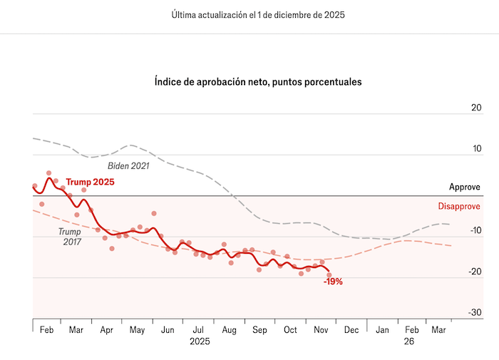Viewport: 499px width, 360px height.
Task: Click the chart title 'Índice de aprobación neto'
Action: [258, 82]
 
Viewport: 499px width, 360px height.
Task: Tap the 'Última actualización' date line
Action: [258, 15]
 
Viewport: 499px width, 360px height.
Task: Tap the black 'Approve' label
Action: [464, 187]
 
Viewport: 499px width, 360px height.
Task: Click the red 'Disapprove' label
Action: [458, 206]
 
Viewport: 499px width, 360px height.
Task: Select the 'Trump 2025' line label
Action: [90, 182]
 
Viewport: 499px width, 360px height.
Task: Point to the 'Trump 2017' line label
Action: [69, 237]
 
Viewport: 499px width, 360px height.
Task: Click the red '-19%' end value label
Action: [333, 282]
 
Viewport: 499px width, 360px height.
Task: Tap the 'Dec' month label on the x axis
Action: [351, 330]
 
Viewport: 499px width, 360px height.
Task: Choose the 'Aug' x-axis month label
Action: [229, 330]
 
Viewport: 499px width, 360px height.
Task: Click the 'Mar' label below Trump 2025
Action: [76, 330]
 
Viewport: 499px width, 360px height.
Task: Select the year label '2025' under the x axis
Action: [199, 341]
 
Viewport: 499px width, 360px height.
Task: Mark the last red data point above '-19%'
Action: [329, 274]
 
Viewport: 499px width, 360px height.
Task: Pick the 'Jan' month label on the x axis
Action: [383, 330]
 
